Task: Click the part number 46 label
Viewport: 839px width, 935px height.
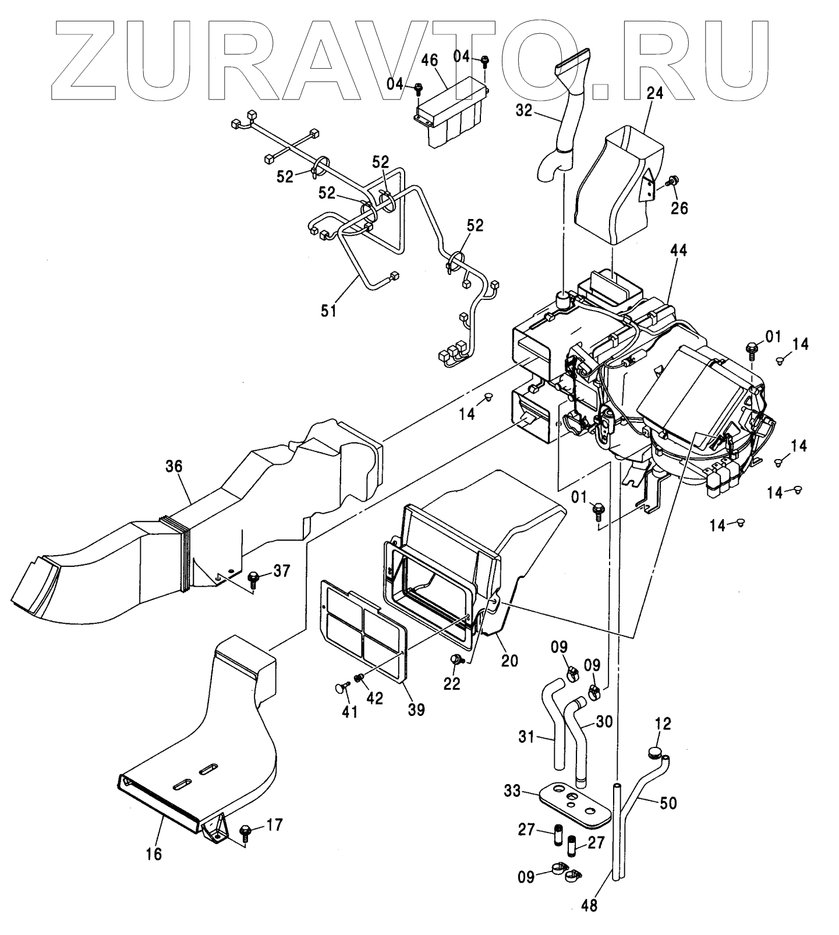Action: (438, 62)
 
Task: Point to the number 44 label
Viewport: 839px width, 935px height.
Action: (678, 250)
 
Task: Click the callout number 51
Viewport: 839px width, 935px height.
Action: (328, 311)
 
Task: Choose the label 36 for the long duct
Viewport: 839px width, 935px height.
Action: (174, 466)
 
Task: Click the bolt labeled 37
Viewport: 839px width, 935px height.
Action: (254, 578)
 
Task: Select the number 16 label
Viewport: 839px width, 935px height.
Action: (153, 853)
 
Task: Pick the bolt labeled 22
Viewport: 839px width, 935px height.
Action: (457, 659)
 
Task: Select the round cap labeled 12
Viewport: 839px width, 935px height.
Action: (656, 752)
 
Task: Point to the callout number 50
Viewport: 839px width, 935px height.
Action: (668, 803)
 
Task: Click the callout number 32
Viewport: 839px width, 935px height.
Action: (524, 110)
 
